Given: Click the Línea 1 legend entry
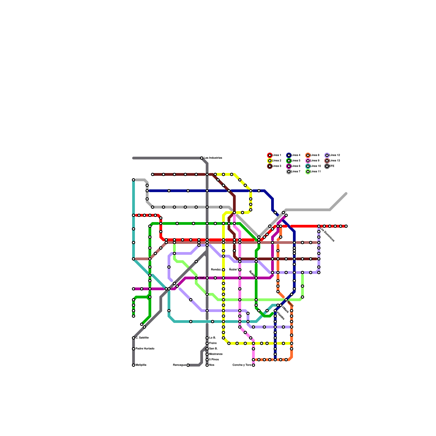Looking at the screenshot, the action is pos(275,155).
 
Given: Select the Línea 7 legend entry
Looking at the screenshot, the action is pos(294,172).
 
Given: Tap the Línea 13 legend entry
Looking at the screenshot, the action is pos(332,161).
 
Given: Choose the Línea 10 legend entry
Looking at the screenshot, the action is pos(313,166).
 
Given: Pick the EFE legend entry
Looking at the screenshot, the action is pos(330,166).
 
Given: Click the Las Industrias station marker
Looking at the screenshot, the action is pos(202,158).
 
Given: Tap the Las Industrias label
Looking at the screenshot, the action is pos(213,158).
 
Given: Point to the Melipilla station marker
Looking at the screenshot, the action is pos(134,365).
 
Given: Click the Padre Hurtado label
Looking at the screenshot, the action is pos(145,349).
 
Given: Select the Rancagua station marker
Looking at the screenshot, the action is pos(188,365).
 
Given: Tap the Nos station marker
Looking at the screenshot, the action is pos(207,365).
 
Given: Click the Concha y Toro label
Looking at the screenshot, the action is pos(242,365).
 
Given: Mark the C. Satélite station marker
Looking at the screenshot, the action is pos(134,338).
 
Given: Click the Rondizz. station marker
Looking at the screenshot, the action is pos(223,270).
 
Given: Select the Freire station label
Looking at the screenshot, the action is pos(213,343).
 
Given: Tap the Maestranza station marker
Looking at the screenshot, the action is pos(207,354).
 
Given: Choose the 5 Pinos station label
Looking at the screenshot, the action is pos(214,360).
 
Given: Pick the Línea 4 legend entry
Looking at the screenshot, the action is pos(294,155).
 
